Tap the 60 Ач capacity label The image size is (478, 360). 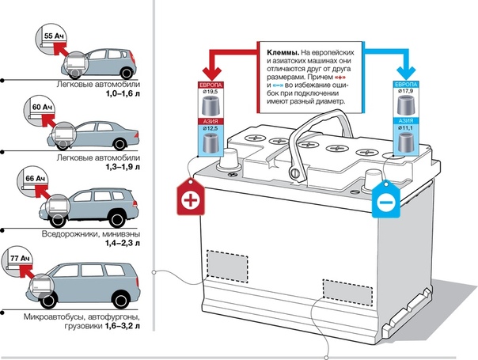53,103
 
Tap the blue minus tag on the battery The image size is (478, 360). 384,204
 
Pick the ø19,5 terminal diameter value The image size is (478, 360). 212,93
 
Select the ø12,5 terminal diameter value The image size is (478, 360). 212,129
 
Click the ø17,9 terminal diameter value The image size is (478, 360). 405,93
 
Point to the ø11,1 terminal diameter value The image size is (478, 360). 405,127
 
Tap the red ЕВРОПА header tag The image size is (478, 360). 212,84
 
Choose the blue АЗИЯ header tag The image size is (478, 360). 405,119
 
